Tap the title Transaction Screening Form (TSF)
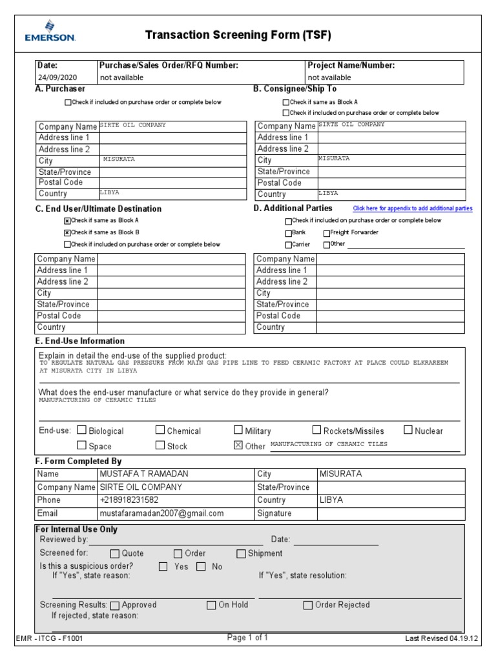tap(238, 35)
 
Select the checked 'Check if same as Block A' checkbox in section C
tap(67, 220)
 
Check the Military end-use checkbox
tap(238, 430)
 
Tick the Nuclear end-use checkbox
tap(408, 430)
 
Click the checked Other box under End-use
tap(238, 445)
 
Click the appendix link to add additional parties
tap(412, 208)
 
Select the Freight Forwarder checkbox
tap(326, 233)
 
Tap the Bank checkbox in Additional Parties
tap(288, 233)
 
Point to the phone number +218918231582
tap(129, 500)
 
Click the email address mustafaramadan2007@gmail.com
tap(161, 514)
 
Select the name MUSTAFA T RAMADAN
tap(143, 474)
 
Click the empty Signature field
tap(390, 514)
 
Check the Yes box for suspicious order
tap(163, 567)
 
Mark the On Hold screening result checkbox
tap(211, 605)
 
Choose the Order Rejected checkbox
tap(308, 605)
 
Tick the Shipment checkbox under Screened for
tap(241, 554)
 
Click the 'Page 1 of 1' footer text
tap(247, 638)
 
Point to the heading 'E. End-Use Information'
tap(81, 341)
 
